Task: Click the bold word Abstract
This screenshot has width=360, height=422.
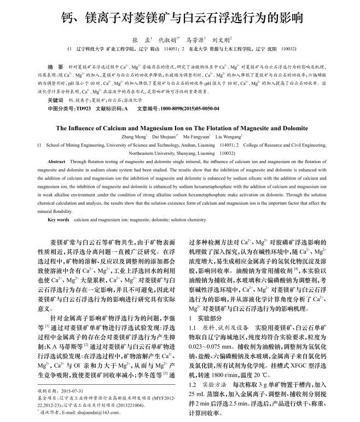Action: click(x=56, y=163)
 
